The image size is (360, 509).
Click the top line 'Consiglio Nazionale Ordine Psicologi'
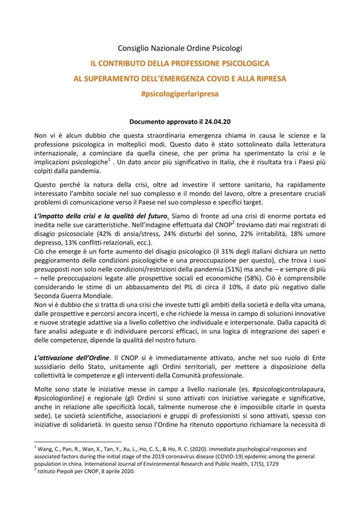(x=180, y=48)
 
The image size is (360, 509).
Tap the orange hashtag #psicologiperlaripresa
(x=180, y=93)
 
